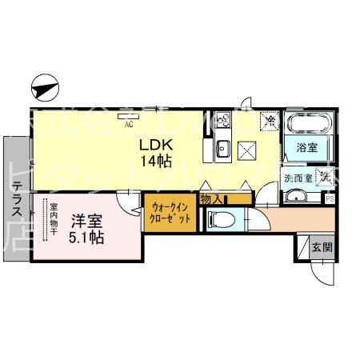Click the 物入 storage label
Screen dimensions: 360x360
pyautogui.click(x=212, y=198)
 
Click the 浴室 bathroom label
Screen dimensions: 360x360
pyautogui.click(x=306, y=149)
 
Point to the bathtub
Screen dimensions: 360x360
pyautogui.click(x=306, y=125)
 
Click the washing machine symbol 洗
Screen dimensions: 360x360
pyautogui.click(x=325, y=178)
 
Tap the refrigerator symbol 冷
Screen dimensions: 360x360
pyautogui.click(x=270, y=122)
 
